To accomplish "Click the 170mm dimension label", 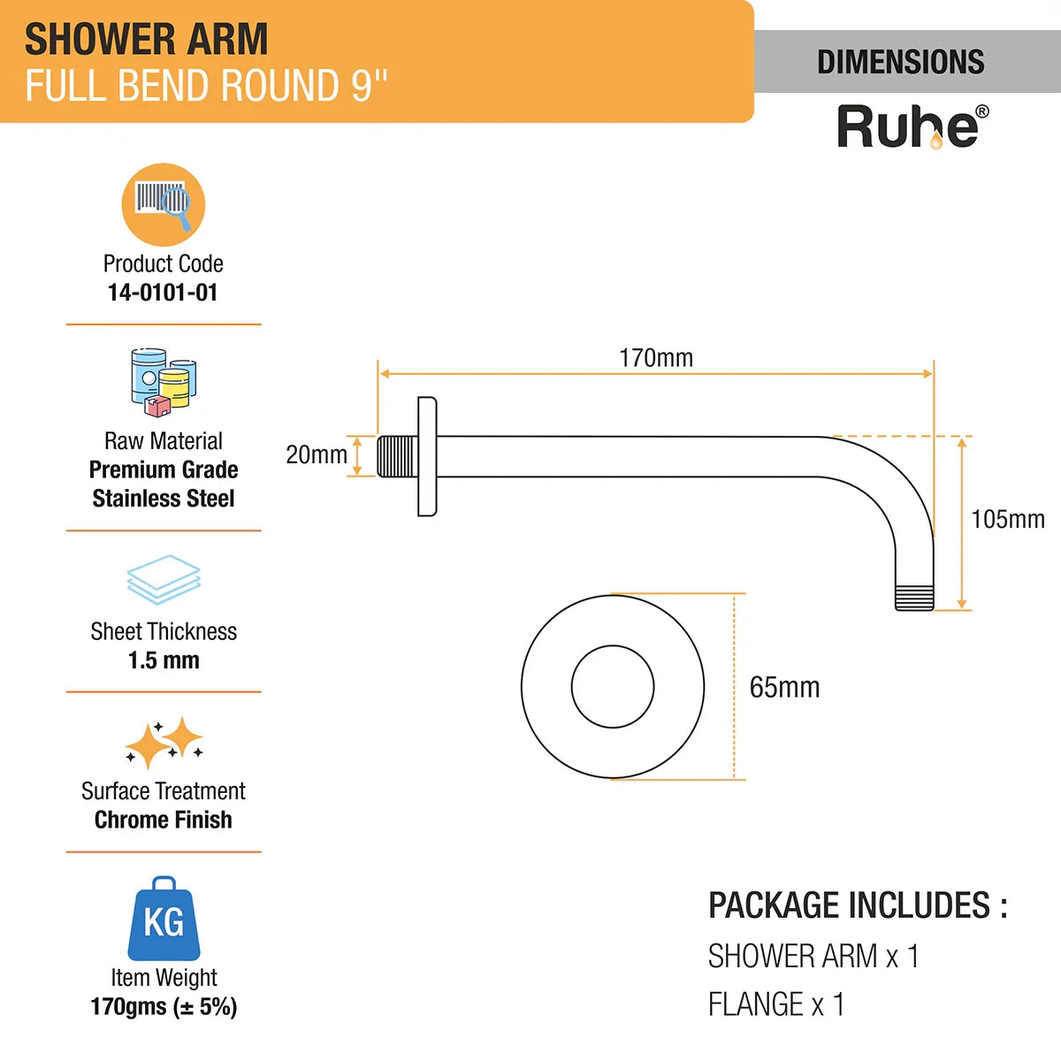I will coord(655,358).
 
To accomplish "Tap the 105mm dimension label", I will coord(1007,519).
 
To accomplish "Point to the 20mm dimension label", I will coord(316,454).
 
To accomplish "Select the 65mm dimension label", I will coord(784,687).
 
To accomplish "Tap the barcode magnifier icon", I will coord(164,204).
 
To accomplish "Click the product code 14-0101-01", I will coord(163,293).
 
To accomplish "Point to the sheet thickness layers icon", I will coord(164,579).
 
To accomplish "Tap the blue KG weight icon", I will coord(164,920).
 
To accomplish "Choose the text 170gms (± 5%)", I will coord(164,1007).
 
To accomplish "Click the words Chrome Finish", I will coord(164,820).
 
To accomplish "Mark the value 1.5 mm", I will coord(164,660).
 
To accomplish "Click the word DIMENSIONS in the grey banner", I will coord(900,62).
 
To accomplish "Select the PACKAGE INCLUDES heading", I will coord(858,905).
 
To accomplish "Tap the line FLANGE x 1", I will coord(775,1004).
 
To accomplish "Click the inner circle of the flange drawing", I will coord(612,686).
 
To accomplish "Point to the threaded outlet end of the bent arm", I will coord(914,597).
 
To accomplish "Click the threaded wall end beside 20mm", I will coord(397,456).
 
